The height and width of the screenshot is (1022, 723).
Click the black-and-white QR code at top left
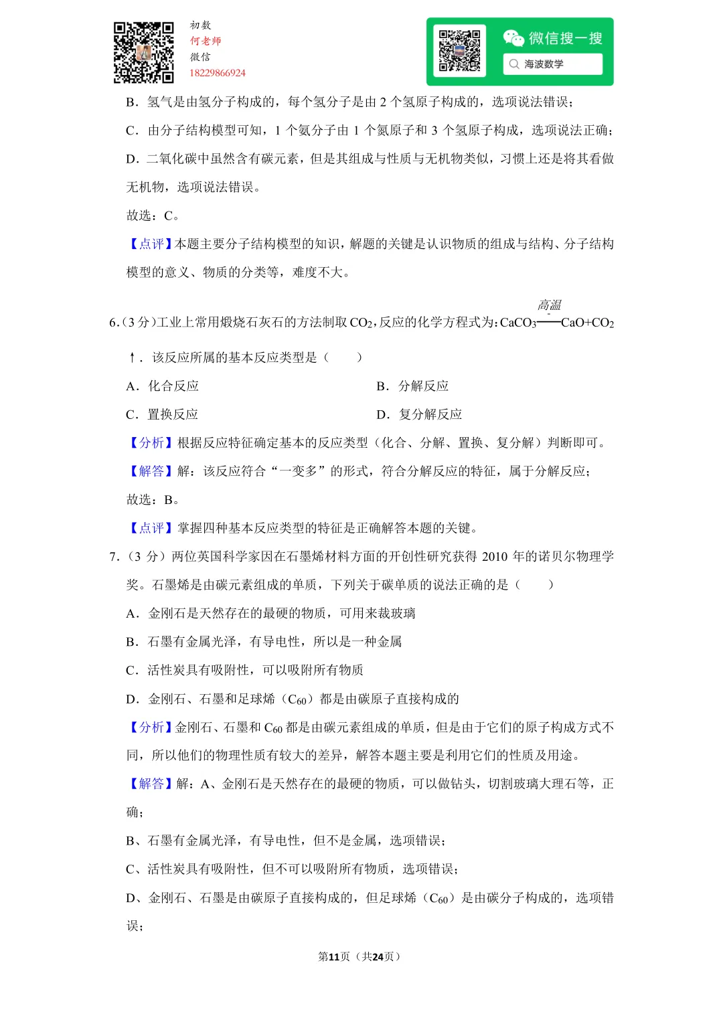(143, 52)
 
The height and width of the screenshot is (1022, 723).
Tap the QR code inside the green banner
(459, 51)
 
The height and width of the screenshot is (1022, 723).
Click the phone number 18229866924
(218, 73)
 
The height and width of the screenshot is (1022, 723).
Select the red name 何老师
(206, 41)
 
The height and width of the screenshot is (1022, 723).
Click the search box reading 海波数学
(552, 64)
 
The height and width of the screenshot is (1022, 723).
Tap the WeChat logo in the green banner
(513, 38)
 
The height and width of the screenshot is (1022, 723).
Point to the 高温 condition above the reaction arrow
(550, 305)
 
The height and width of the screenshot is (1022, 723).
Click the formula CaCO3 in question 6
(518, 323)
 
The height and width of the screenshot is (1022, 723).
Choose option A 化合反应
(163, 386)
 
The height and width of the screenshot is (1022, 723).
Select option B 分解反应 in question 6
(412, 386)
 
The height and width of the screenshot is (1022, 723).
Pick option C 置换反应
(162, 414)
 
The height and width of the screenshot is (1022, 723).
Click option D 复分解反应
(419, 414)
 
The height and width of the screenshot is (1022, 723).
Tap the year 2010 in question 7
(495, 557)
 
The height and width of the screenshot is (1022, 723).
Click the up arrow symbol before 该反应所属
(133, 358)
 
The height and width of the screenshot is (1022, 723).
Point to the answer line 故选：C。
(153, 216)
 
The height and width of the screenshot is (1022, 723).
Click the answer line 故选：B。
(153, 500)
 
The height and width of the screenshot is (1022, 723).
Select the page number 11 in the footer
(334, 957)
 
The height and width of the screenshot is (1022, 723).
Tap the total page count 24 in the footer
(378, 957)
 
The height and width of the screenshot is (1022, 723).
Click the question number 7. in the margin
(114, 557)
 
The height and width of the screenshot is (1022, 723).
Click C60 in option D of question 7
(297, 700)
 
